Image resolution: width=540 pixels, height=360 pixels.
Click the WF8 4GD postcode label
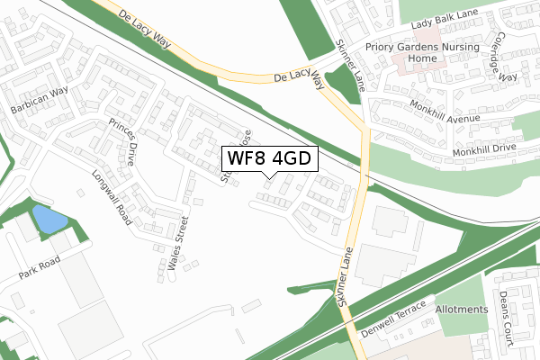267,158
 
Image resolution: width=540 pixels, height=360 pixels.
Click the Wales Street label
175,246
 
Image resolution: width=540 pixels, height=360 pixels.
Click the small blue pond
49,219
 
